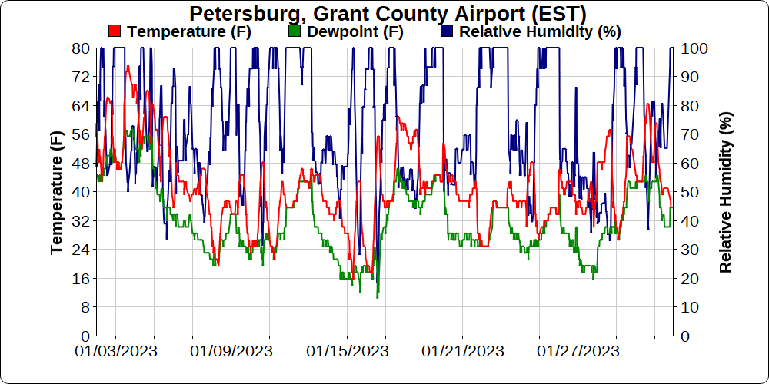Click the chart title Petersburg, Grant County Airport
point(388,14)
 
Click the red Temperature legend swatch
point(115,31)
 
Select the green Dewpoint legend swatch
point(294,31)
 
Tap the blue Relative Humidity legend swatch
point(448,31)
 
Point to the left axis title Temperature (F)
point(56,192)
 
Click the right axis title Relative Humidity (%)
point(725,192)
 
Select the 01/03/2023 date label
point(116,352)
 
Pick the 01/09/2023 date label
point(231,352)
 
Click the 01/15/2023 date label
point(347,352)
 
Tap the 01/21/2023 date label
point(462,352)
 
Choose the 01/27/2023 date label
point(578,352)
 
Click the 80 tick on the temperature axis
point(81,48)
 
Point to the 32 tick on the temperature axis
point(81,220)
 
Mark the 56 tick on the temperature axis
point(81,134)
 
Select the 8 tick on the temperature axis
point(85,307)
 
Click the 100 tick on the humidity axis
point(691,48)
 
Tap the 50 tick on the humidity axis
point(687,192)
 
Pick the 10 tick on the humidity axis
point(687,307)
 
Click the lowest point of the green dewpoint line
point(377,297)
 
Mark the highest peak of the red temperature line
point(128,66)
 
